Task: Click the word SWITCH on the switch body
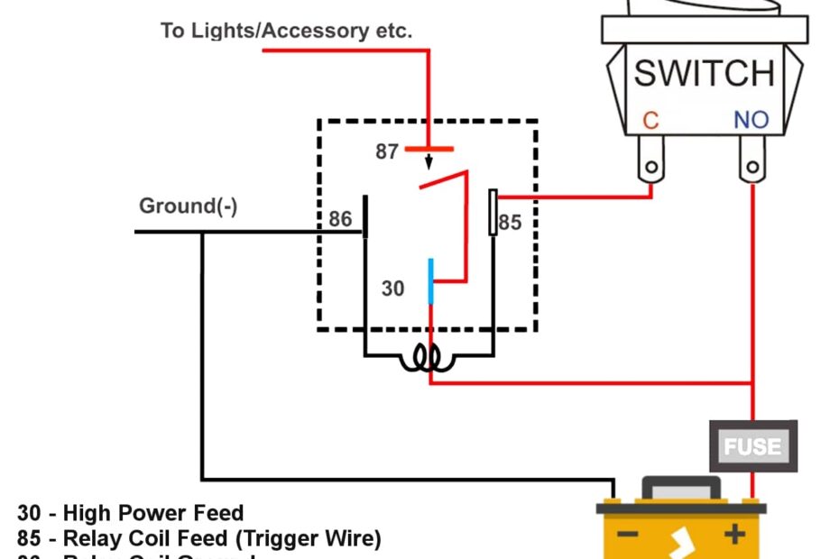point(704,73)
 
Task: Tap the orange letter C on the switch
point(651,120)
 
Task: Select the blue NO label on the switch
point(751,120)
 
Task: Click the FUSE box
point(753,445)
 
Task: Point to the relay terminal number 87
point(387,152)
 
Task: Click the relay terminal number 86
point(340,219)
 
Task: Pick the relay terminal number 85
point(511,222)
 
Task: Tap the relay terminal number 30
point(393,289)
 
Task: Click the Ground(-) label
point(188,206)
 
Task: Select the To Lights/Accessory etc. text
point(286,31)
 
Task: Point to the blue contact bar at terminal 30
point(431,281)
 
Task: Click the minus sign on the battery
point(628,535)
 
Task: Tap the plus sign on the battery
point(735,535)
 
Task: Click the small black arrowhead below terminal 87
point(429,165)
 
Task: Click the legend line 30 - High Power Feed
point(131,513)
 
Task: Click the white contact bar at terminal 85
point(493,212)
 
